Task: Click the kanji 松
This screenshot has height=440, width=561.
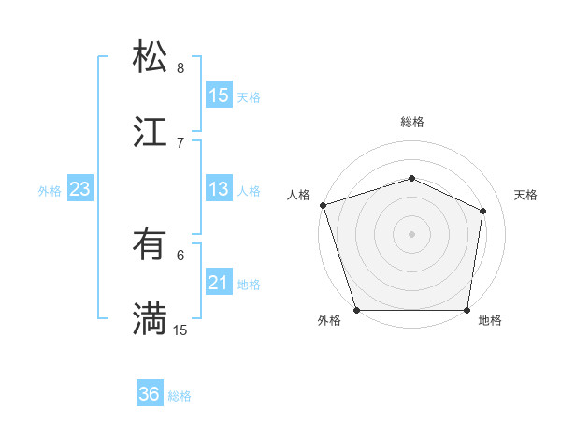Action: pyautogui.click(x=150, y=57)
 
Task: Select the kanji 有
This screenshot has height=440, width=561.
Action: pyautogui.click(x=150, y=244)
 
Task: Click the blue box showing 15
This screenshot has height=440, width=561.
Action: pyautogui.click(x=219, y=95)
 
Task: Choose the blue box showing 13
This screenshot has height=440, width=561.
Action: pyautogui.click(x=219, y=189)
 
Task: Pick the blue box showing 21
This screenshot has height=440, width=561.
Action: pyautogui.click(x=219, y=283)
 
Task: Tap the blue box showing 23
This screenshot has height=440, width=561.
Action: pyautogui.click(x=80, y=189)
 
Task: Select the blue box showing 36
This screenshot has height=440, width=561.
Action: pyautogui.click(x=150, y=394)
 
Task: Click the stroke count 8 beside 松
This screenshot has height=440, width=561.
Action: pyautogui.click(x=180, y=68)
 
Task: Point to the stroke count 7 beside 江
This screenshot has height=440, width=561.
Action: pyautogui.click(x=180, y=142)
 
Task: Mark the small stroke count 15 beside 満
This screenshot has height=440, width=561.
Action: pyautogui.click(x=180, y=330)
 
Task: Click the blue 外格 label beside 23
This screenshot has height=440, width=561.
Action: pyautogui.click(x=50, y=191)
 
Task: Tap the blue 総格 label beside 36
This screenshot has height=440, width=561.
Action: pyautogui.click(x=180, y=396)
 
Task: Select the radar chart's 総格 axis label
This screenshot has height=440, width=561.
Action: pyautogui.click(x=412, y=122)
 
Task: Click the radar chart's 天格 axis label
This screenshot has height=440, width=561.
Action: pyautogui.click(x=525, y=195)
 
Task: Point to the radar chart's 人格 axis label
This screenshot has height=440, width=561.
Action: pyautogui.click(x=298, y=195)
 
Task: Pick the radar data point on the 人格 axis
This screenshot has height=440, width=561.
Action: pyautogui.click(x=323, y=205)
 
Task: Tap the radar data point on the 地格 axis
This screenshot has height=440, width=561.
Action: pyautogui.click(x=467, y=310)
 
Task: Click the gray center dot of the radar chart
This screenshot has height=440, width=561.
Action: pyautogui.click(x=411, y=233)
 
